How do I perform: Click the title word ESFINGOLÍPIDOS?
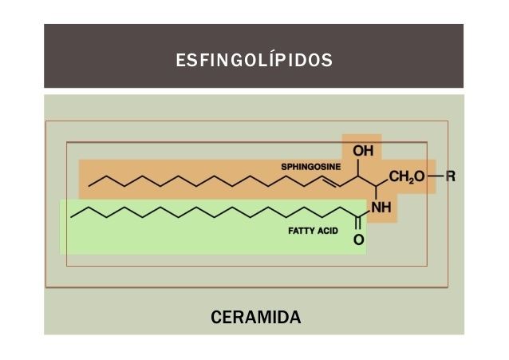coord(254,60)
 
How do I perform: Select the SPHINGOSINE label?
coord(310,166)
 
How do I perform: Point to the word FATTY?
coord(302,230)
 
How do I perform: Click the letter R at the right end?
coord(450,176)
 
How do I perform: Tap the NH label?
coord(381,208)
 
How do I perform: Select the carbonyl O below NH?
coord(358,239)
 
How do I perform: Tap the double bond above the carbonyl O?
coord(358,224)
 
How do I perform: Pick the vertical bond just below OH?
coord(362,166)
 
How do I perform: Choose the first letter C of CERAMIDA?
coord(215,318)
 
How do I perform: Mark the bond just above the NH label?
coord(374,194)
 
